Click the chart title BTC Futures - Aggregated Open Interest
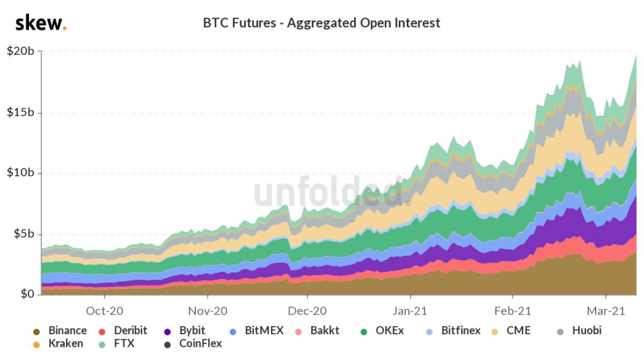(x=321, y=23)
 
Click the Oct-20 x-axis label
(x=104, y=310)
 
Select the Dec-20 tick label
(x=308, y=310)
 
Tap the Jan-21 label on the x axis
(x=410, y=310)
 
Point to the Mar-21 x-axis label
(x=606, y=310)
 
